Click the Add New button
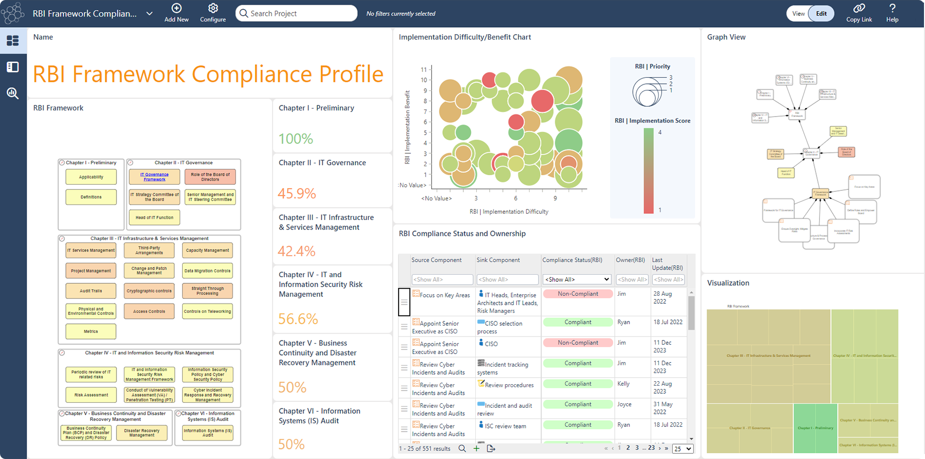click(x=176, y=13)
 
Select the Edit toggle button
click(x=821, y=14)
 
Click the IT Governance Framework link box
click(x=154, y=177)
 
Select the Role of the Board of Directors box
click(x=210, y=177)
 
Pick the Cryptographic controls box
click(x=149, y=291)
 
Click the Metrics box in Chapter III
click(x=91, y=331)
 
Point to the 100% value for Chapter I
click(x=296, y=139)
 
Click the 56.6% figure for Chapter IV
click(x=298, y=319)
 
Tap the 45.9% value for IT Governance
click(x=297, y=193)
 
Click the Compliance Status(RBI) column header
click(x=572, y=260)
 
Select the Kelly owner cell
click(x=623, y=384)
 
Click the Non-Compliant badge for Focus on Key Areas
click(x=578, y=294)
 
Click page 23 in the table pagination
click(x=651, y=448)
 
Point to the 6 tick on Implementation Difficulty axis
click(x=515, y=198)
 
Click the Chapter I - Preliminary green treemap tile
click(x=815, y=428)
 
